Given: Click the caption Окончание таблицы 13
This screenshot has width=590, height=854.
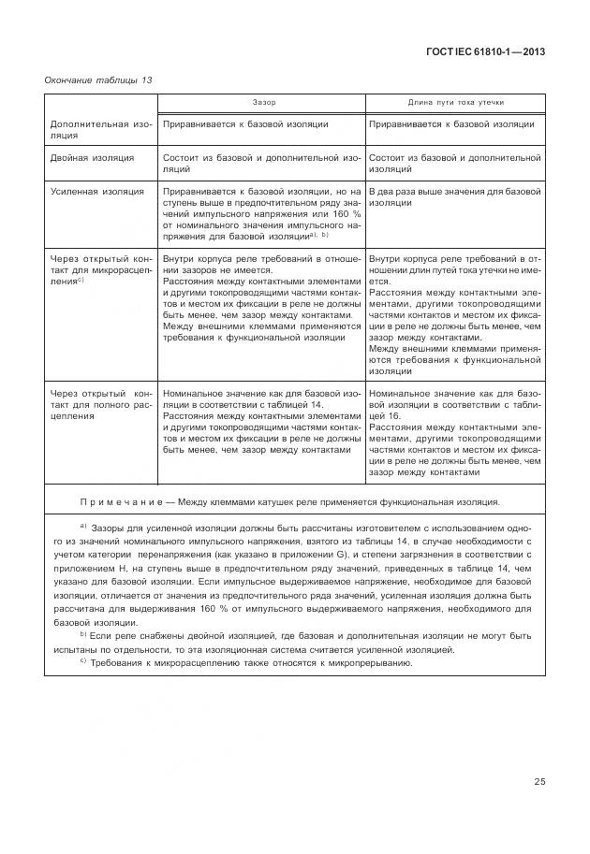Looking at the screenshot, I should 98,80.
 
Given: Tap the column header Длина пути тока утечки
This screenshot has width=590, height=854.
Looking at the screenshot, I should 454,102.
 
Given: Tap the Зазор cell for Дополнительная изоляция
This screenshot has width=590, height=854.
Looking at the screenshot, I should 245,123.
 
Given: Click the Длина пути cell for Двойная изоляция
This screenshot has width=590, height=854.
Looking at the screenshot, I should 454,165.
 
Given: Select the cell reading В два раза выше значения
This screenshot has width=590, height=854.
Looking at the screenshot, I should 454,197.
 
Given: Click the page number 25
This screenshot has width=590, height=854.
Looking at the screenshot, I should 539,782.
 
